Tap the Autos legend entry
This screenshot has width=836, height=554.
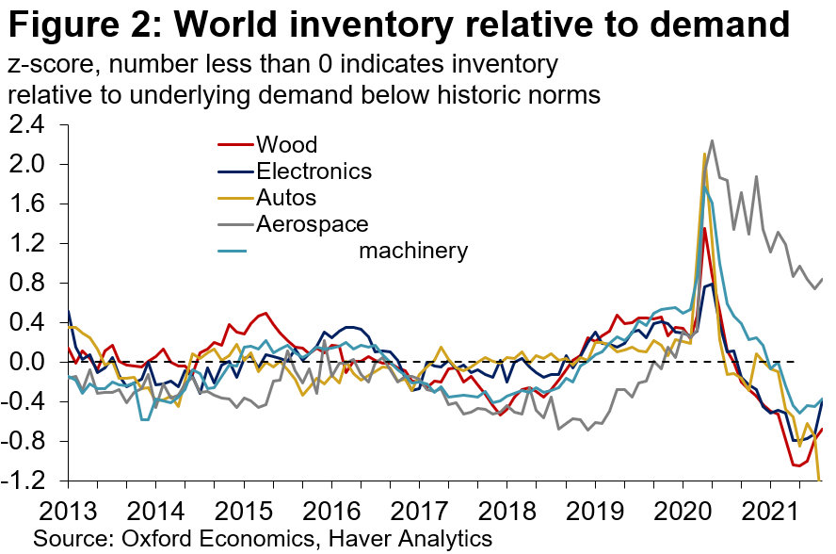285,198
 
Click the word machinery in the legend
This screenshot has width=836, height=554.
413,251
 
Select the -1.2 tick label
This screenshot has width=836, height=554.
30,481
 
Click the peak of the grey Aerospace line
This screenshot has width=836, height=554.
712,140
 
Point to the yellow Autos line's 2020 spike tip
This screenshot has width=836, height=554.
704,154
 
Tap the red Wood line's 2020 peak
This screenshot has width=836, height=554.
705,228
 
